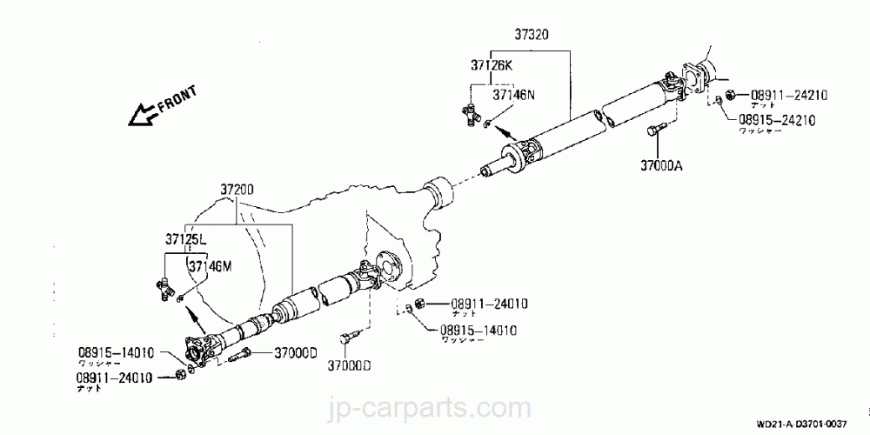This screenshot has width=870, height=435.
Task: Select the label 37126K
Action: tap(492, 64)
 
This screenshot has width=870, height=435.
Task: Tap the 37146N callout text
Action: tap(514, 94)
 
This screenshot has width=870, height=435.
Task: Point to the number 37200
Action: tap(238, 188)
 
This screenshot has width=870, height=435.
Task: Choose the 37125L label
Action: tap(186, 238)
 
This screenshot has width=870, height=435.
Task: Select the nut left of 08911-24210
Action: tap(731, 94)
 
